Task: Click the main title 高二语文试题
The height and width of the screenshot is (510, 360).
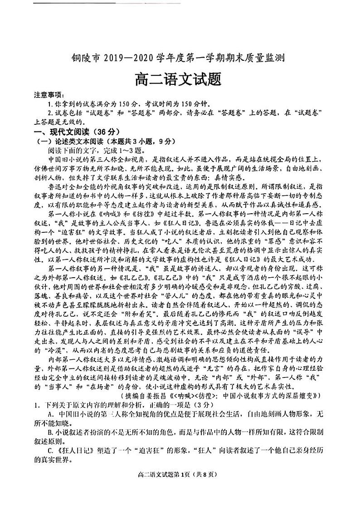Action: (178, 80)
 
